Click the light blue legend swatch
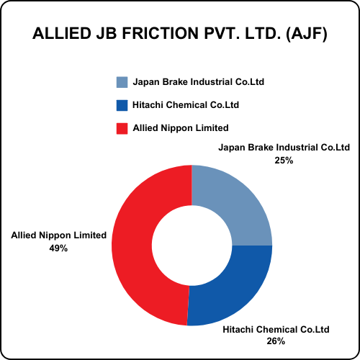(x=122, y=82)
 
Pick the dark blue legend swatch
(x=122, y=105)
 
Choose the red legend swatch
(x=122, y=128)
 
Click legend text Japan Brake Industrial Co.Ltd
(x=199, y=82)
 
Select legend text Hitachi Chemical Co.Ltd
(x=186, y=105)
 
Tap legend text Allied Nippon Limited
(x=181, y=128)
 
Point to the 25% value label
(x=284, y=161)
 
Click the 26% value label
(x=276, y=341)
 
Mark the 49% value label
(x=58, y=248)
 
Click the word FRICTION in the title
(x=161, y=33)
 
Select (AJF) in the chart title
(x=307, y=34)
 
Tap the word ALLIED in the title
(x=62, y=33)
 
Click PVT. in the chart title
(x=222, y=33)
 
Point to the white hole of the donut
(x=192, y=246)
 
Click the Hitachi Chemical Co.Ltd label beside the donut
(x=276, y=330)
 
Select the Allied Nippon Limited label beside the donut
(x=59, y=235)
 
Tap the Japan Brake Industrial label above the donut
(x=284, y=148)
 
